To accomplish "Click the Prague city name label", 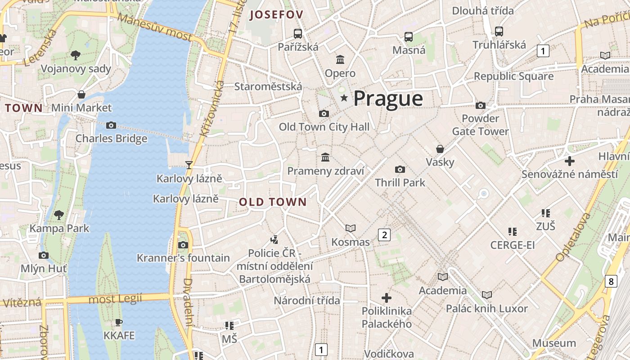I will click(388, 99).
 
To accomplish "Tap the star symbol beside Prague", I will click(344, 98).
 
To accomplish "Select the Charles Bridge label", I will click(111, 138).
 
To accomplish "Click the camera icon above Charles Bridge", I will click(111, 125).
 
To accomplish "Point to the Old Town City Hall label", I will click(324, 127).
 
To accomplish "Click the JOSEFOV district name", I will click(276, 14).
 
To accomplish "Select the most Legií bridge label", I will click(115, 298).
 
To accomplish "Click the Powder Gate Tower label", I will click(480, 125).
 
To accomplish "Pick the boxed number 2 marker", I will click(384, 234).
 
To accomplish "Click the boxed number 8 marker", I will click(611, 282).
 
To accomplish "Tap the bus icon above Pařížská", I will click(298, 33).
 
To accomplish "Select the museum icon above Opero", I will click(340, 59).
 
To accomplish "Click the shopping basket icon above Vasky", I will click(440, 149).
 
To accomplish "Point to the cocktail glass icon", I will click(189, 165).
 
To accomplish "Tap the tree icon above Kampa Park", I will click(59, 215).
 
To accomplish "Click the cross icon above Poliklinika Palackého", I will click(387, 297).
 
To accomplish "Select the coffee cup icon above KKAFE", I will click(119, 322).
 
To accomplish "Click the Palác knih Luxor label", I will click(486, 309).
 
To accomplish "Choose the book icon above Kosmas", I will click(351, 229).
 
